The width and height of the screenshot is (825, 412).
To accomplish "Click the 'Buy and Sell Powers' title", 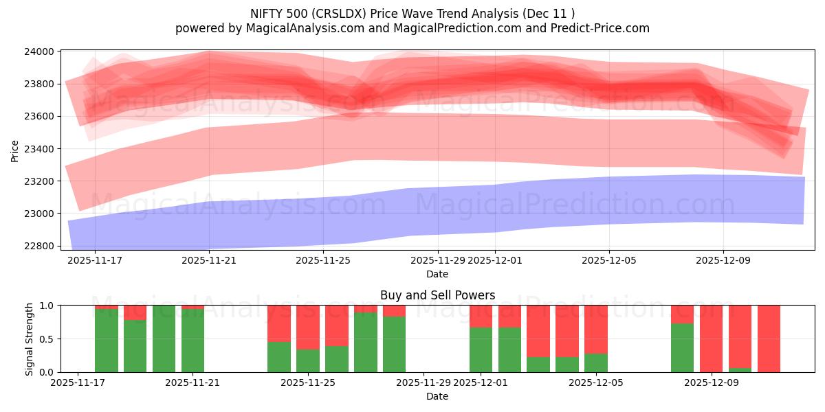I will (x=437, y=295).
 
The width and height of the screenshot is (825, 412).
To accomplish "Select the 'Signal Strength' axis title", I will (x=29, y=339).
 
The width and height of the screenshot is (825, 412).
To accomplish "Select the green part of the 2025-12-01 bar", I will (x=481, y=350).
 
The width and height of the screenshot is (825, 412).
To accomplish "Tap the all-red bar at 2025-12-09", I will (x=711, y=339).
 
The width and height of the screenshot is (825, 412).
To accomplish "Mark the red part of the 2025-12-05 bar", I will (x=596, y=329).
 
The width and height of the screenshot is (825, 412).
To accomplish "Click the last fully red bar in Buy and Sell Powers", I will (x=769, y=339).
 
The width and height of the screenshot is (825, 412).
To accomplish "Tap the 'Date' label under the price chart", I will (x=437, y=274).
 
